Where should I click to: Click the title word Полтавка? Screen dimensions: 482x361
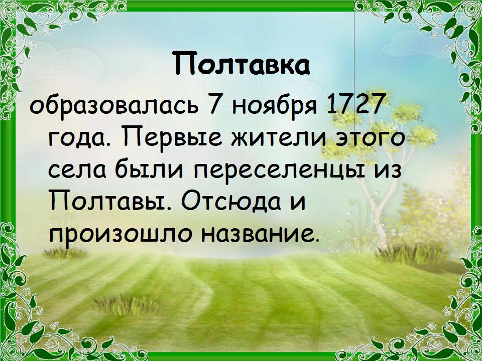(241, 64)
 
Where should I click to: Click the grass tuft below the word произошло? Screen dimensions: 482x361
(65, 253)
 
